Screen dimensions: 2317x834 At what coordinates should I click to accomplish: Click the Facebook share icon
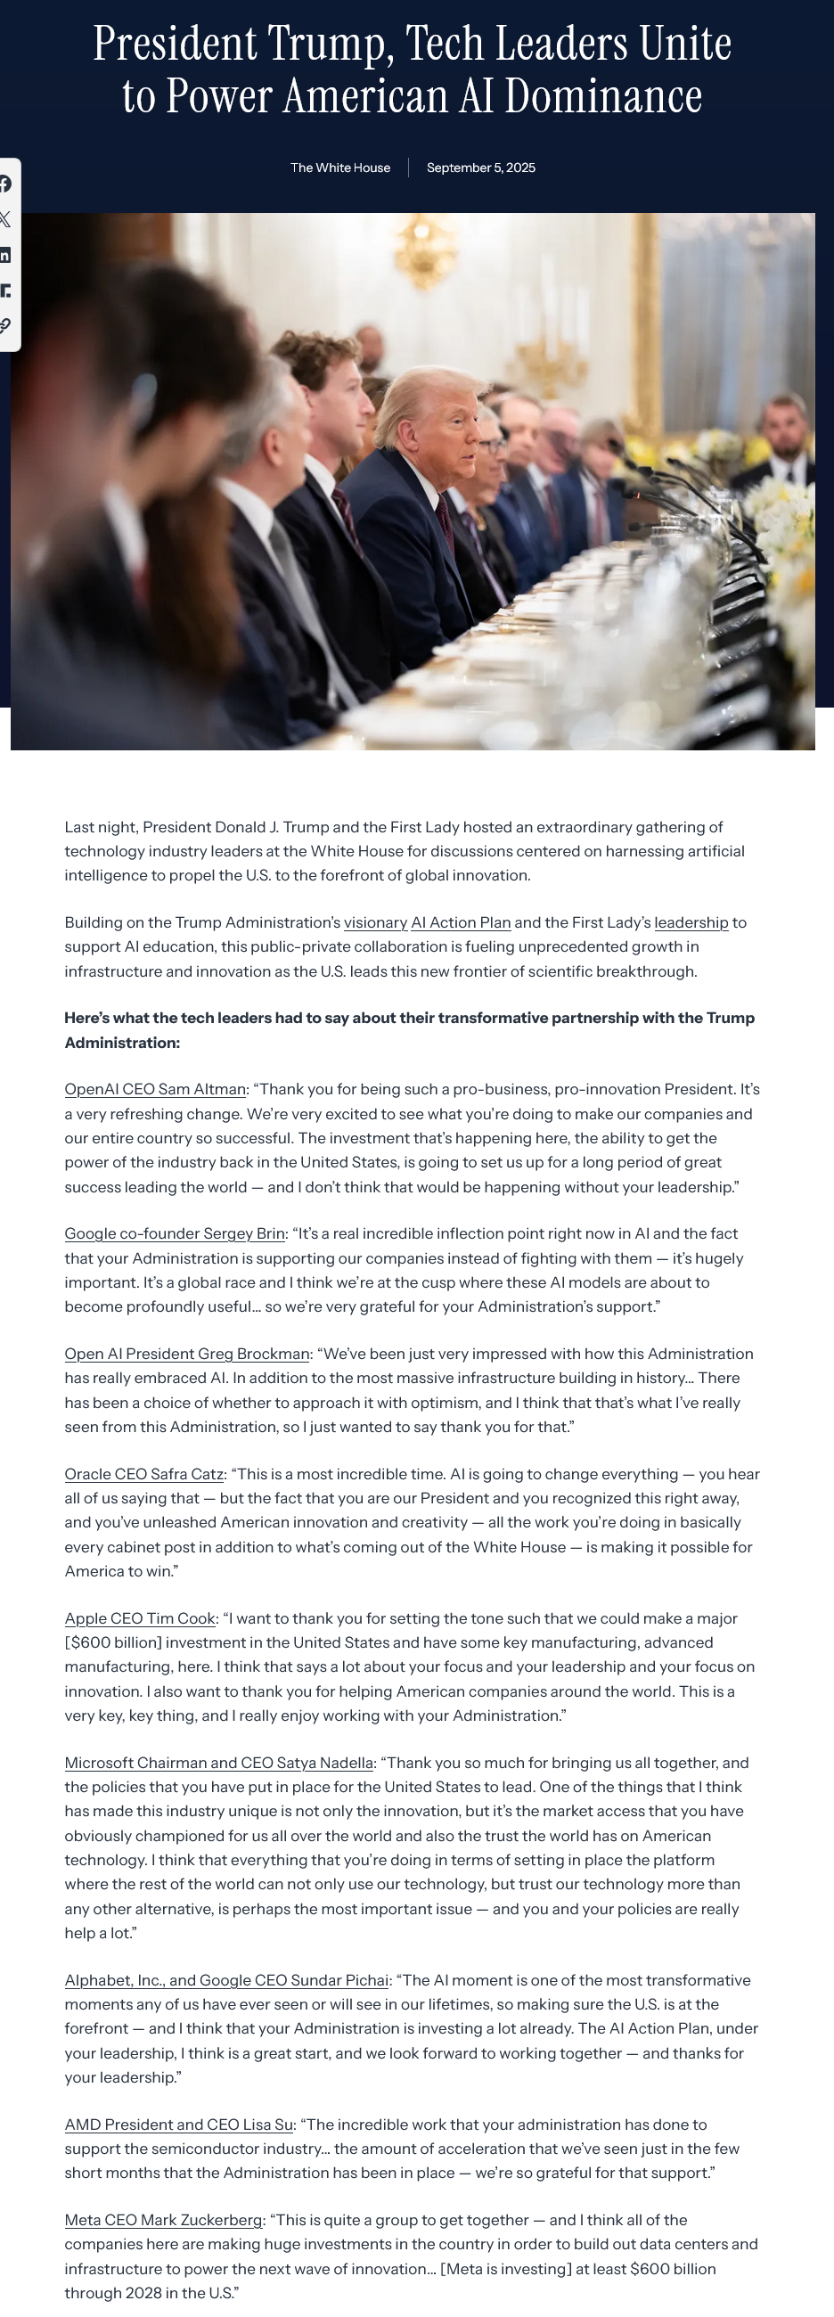pyautogui.click(x=5, y=184)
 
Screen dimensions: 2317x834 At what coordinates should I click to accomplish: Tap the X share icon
pyautogui.click(x=5, y=219)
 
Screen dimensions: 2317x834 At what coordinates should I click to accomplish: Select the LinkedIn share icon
pyautogui.click(x=5, y=256)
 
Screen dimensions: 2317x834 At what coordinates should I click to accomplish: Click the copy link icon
pyautogui.click(x=5, y=325)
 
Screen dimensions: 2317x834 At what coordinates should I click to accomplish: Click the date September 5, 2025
pyautogui.click(x=480, y=168)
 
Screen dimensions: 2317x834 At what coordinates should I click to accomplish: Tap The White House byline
pyautogui.click(x=340, y=168)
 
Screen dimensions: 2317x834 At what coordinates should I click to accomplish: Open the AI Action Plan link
pyautogui.click(x=461, y=923)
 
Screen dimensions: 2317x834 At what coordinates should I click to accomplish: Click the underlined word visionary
pyautogui.click(x=375, y=923)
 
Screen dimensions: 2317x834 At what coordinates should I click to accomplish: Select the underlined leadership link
pyautogui.click(x=691, y=923)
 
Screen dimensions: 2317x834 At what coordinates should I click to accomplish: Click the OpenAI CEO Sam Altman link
pyautogui.click(x=155, y=1089)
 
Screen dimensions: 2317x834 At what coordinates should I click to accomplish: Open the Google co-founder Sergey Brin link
pyautogui.click(x=175, y=1234)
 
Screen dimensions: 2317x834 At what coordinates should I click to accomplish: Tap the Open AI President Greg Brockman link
pyautogui.click(x=186, y=1354)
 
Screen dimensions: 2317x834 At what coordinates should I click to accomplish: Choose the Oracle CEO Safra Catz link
pyautogui.click(x=144, y=1474)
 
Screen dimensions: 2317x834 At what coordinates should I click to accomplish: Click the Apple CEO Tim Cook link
pyautogui.click(x=140, y=1619)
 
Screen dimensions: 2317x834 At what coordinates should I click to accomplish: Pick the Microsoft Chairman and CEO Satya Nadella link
pyautogui.click(x=218, y=1763)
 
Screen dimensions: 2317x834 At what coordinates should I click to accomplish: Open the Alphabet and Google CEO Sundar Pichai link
pyautogui.click(x=226, y=1981)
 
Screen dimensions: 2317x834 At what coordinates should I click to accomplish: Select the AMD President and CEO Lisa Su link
pyautogui.click(x=179, y=2125)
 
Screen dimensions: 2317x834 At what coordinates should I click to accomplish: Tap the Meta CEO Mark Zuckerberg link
pyautogui.click(x=163, y=2221)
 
